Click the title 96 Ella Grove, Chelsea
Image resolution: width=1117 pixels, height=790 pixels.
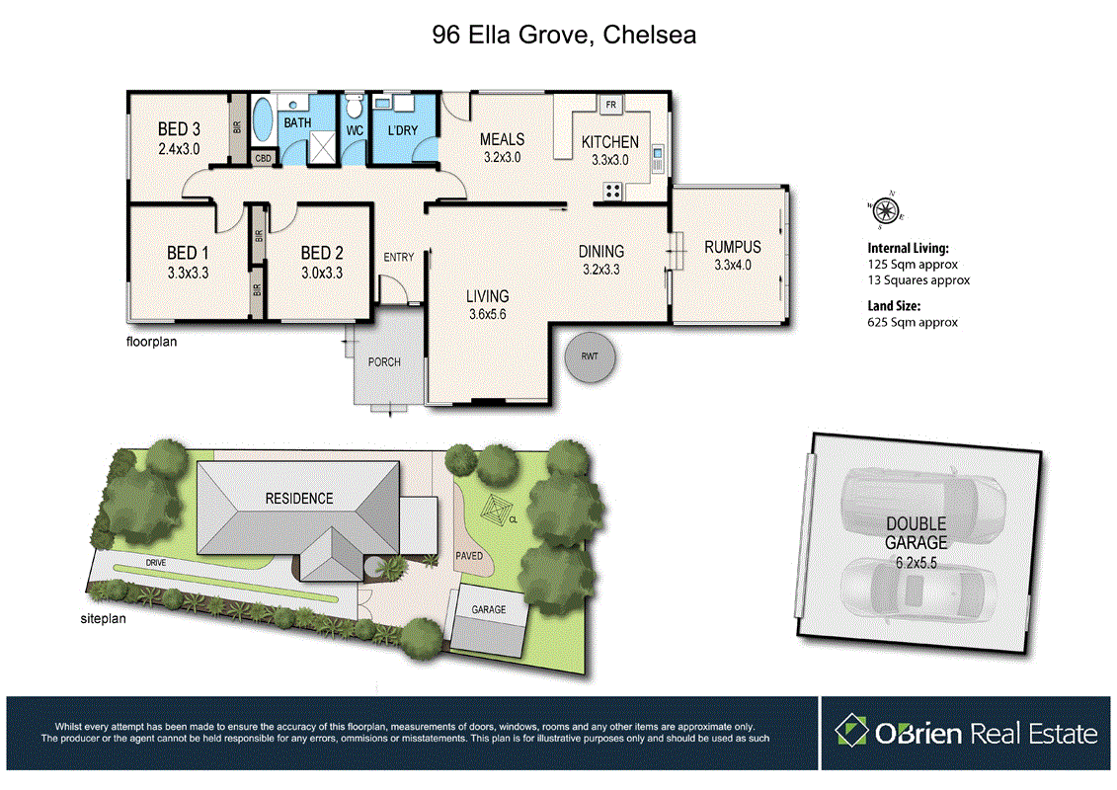[564, 36]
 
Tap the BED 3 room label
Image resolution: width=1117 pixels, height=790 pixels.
[180, 129]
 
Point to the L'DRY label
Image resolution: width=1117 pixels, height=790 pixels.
[402, 130]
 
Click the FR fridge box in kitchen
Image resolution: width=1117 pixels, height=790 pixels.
[610, 105]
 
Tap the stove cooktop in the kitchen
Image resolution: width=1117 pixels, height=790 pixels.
[613, 192]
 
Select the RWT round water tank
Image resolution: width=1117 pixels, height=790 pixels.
[590, 356]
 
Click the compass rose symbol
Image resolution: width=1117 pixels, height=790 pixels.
[887, 209]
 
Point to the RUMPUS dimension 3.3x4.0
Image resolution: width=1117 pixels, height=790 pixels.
[732, 265]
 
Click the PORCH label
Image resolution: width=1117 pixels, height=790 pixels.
[384, 362]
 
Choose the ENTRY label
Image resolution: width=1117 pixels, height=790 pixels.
[399, 258]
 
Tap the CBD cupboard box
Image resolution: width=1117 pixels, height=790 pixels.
[264, 158]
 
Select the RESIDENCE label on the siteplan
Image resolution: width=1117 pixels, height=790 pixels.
[298, 499]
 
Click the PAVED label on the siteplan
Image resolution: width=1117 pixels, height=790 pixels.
[470, 556]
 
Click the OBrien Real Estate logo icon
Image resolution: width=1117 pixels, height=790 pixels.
[851, 732]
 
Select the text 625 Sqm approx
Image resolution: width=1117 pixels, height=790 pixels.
[913, 322]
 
